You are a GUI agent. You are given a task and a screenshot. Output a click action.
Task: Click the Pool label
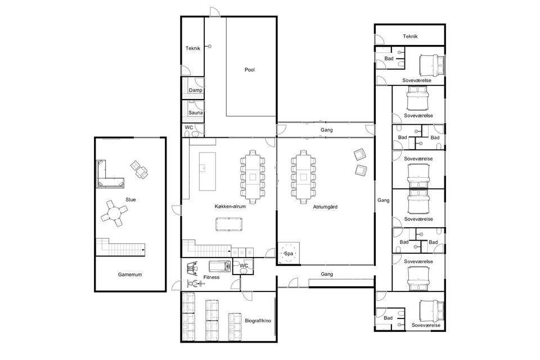pyautogui.click(x=250, y=70)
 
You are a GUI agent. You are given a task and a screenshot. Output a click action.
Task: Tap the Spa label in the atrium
pyautogui.click(x=289, y=254)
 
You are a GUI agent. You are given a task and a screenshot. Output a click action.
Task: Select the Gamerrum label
pyautogui.click(x=130, y=274)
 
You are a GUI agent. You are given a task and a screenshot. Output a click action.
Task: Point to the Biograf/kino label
pyautogui.click(x=258, y=321)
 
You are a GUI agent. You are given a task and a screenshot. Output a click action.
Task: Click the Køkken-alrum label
pyautogui.click(x=230, y=206)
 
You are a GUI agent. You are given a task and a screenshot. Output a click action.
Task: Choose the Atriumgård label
pyautogui.click(x=325, y=207)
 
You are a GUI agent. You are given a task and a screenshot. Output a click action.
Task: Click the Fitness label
pyautogui.click(x=211, y=277)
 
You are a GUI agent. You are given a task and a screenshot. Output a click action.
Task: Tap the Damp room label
pyautogui.click(x=195, y=90)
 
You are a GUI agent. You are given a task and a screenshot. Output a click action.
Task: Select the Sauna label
pyautogui.click(x=195, y=112)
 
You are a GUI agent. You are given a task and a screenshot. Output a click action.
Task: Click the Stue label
pyautogui.click(x=130, y=200)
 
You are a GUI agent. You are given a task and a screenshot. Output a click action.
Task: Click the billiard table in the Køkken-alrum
pyautogui.click(x=229, y=224)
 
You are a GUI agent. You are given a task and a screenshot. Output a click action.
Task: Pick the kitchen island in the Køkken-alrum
pyautogui.click(x=208, y=171)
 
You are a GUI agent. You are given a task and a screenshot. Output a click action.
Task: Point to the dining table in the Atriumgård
pyautogui.click(x=303, y=177)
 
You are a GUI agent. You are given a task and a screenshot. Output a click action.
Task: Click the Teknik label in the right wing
pyautogui.click(x=410, y=36)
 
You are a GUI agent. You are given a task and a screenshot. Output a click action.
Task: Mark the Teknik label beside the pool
pyautogui.click(x=192, y=48)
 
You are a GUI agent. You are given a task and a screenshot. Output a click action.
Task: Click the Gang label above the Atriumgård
pyautogui.click(x=326, y=130)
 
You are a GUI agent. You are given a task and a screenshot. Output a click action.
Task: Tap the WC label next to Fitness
pyautogui.click(x=244, y=265)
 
